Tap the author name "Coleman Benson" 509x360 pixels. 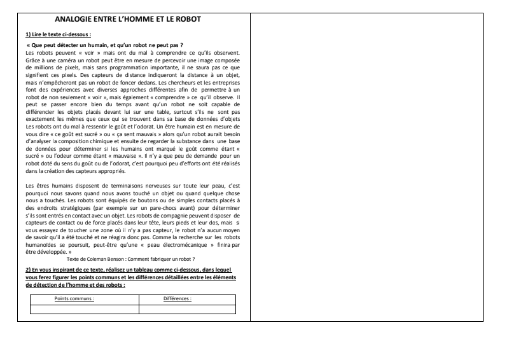tap(108, 259)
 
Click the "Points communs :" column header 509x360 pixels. tap(75, 298)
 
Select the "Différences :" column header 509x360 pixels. tap(178, 298)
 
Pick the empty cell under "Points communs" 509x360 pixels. tap(84, 309)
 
